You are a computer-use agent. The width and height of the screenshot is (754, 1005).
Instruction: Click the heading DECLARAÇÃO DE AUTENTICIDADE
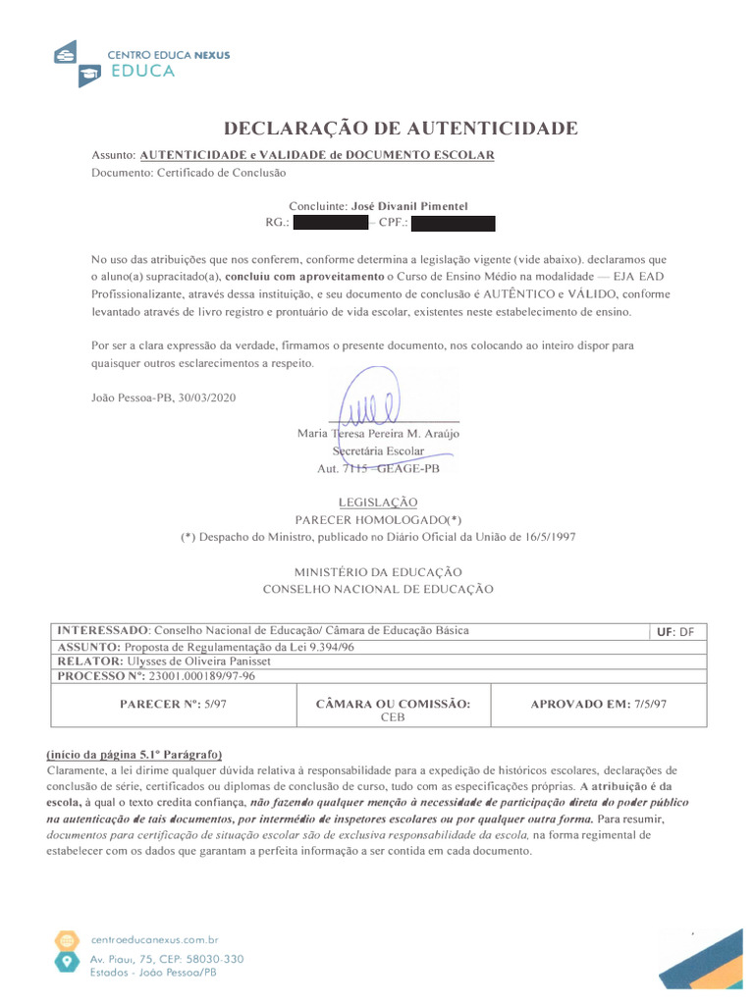click(401, 129)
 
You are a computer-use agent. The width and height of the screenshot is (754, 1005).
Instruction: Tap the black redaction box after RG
click(331, 224)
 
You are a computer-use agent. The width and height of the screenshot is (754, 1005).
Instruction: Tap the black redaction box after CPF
click(453, 224)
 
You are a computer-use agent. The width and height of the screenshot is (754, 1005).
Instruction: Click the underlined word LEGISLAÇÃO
click(378, 502)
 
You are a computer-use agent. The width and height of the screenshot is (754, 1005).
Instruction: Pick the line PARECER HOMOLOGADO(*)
click(378, 519)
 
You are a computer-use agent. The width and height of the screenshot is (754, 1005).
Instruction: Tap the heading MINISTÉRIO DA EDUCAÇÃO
click(378, 572)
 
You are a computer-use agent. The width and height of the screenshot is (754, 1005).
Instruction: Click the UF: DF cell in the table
click(674, 632)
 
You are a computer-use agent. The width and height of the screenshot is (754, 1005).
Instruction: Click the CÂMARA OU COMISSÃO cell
click(393, 710)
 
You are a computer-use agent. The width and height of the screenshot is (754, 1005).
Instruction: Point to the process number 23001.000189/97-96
click(193, 676)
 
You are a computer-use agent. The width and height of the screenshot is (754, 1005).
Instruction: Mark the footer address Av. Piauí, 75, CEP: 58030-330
click(167, 958)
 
